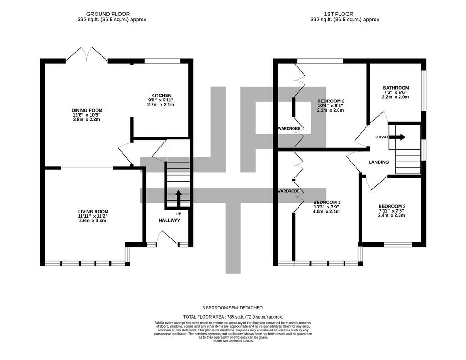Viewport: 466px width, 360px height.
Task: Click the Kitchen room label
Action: [162, 96]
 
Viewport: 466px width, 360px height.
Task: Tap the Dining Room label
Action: [87, 110]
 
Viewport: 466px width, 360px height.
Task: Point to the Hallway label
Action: [169, 220]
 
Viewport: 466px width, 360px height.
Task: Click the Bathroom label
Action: [396, 88]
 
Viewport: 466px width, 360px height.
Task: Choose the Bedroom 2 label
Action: [331, 101]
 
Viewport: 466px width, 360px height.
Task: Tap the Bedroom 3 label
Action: [392, 206]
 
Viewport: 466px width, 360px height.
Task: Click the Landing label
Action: [379, 162]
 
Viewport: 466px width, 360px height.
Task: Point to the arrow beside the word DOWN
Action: [397, 137]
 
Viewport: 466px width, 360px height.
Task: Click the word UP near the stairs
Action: [178, 213]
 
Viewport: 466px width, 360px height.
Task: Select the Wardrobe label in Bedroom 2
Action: [289, 129]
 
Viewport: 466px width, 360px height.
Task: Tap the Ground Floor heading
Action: [108, 14]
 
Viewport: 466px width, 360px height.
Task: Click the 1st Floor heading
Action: [339, 14]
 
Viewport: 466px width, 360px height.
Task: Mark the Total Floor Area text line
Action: [233, 317]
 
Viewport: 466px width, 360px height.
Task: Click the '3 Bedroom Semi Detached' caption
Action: [233, 308]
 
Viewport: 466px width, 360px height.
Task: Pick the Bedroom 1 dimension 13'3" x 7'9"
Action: [326, 207]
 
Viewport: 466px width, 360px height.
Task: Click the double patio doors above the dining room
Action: [86, 54]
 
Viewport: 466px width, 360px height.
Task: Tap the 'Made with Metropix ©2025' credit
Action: [233, 341]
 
